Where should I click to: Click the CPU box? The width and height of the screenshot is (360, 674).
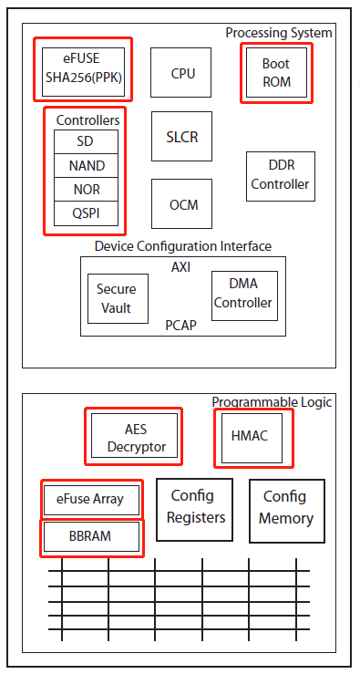pos(182,74)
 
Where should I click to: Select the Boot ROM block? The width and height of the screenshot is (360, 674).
pos(275,73)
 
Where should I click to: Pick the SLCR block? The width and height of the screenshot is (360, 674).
pos(182,137)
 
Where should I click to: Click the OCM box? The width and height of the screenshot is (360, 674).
pos(182,205)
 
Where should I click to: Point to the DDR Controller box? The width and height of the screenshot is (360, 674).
pos(281,176)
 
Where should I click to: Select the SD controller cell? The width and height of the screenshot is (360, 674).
pos(86,142)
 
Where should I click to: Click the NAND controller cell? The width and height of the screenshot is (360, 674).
pos(86,166)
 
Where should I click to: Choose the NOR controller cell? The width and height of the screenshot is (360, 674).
pos(86,190)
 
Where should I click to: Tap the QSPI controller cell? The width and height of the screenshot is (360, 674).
pos(86,213)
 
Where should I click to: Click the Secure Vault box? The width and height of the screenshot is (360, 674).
pos(116,298)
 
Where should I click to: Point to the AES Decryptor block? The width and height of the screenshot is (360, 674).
pos(134,438)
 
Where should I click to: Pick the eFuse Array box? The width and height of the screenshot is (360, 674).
pos(92,500)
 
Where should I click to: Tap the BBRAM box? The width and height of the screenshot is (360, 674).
pos(91,536)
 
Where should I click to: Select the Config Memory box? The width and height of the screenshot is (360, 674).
pos(287,508)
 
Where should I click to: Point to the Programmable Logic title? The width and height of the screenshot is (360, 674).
pos(272,402)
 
